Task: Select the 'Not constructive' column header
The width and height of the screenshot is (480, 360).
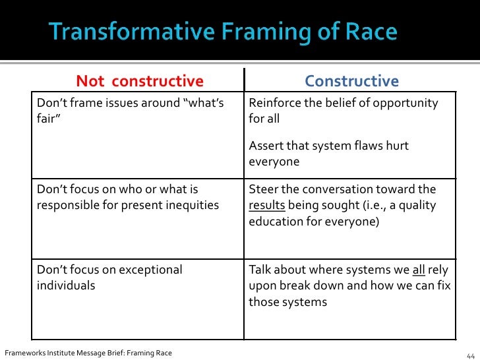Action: [x=140, y=81]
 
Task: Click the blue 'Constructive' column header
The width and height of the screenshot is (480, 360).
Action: [x=351, y=81]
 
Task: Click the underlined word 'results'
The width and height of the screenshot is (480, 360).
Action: [x=266, y=206]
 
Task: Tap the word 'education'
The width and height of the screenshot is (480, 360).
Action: [x=279, y=222]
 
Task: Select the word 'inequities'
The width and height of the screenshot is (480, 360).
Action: [x=191, y=206]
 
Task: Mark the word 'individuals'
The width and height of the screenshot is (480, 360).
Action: [x=66, y=286]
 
